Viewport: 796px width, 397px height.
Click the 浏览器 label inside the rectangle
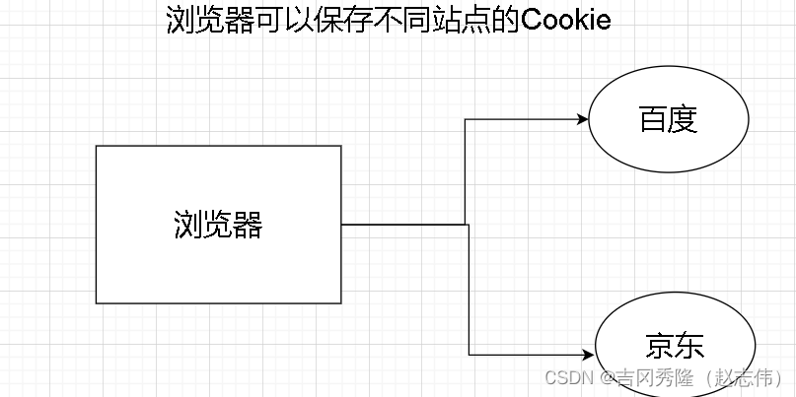pos(218,226)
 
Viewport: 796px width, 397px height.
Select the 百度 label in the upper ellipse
pos(669,120)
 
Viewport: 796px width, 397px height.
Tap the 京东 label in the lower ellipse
pos(676,347)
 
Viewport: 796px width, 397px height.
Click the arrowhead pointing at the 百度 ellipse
pos(583,120)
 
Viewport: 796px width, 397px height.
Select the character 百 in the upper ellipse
pos(654,120)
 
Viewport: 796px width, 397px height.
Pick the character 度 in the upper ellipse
pos(684,120)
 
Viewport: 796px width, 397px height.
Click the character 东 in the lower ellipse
pos(690,347)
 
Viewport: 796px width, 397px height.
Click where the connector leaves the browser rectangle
pos(342,225)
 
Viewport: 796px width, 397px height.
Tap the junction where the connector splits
pos(467,225)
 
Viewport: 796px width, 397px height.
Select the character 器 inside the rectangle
pos(249,226)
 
